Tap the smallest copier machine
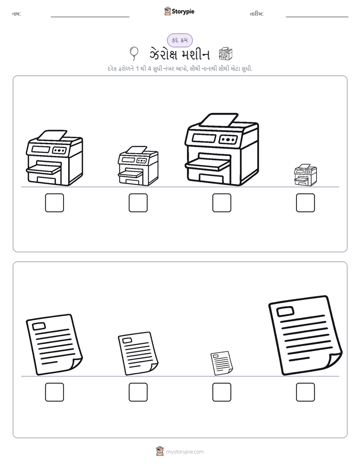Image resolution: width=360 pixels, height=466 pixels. pyautogui.click(x=306, y=174)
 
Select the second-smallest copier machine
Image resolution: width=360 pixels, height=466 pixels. pyautogui.click(x=138, y=166)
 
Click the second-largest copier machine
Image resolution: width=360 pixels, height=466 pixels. pyautogui.click(x=54, y=158)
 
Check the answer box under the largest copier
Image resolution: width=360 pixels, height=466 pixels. pyautogui.click(x=221, y=203)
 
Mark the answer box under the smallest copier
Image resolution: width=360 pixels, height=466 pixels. pyautogui.click(x=306, y=203)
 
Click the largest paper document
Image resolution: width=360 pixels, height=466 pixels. pyautogui.click(x=306, y=335)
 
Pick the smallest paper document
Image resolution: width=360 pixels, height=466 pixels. pyautogui.click(x=221, y=363)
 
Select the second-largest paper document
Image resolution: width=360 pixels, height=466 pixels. pyautogui.click(x=54, y=344)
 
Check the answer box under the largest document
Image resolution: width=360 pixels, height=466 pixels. pyautogui.click(x=306, y=392)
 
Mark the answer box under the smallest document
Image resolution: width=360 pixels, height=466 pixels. pyautogui.click(x=221, y=392)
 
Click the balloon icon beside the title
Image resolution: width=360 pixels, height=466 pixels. pyautogui.click(x=134, y=53)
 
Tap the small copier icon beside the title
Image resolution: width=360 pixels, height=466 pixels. pyautogui.click(x=225, y=54)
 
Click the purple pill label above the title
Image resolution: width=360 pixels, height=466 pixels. pyautogui.click(x=179, y=40)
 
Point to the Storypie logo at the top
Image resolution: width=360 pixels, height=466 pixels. pyautogui.click(x=179, y=11)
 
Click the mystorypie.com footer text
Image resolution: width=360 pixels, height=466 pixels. pyautogui.click(x=185, y=452)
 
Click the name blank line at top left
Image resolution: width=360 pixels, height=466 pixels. pyautogui.click(x=90, y=17)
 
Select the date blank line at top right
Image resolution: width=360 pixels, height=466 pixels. pyautogui.click(x=317, y=17)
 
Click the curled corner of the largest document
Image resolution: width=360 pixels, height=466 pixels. pyautogui.click(x=334, y=361)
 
